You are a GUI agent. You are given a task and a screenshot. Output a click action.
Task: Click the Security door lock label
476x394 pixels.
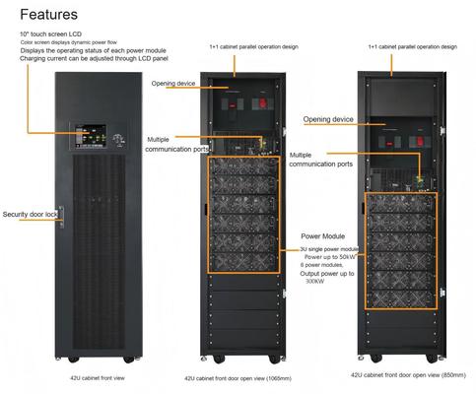[x=29, y=214]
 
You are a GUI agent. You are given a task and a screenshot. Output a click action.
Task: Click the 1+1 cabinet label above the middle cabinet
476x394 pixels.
[x=247, y=46]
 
